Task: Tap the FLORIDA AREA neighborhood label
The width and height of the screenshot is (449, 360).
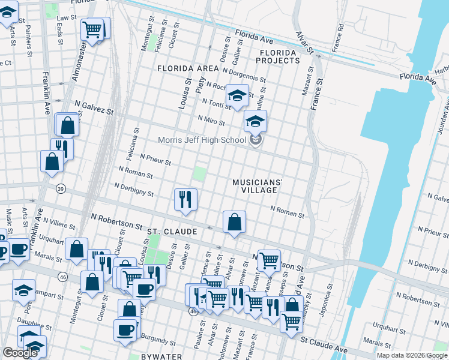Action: coord(188,69)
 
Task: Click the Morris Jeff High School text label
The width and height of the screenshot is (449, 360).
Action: coord(202,140)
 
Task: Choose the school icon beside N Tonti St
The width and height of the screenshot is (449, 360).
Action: coord(237,95)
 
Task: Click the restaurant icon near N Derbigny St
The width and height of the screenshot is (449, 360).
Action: coord(185,199)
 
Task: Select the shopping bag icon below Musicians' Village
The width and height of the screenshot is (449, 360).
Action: coord(234,222)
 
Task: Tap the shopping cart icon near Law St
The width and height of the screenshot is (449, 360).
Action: coord(92,29)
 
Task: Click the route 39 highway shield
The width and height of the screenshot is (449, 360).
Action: coord(61,188)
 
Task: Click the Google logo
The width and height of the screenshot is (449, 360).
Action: coord(20,353)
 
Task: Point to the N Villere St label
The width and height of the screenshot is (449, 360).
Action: coord(58,224)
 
